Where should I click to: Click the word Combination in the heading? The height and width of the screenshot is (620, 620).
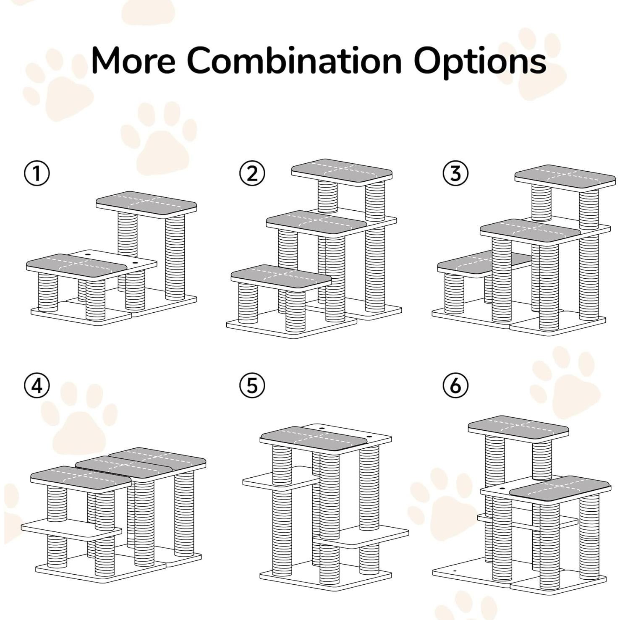294,60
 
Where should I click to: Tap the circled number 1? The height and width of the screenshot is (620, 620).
37,173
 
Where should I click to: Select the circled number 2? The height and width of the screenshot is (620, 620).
252,173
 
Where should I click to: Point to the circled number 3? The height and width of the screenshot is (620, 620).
455,173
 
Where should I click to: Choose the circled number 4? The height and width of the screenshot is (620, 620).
37,385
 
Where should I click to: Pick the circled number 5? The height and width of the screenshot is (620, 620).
252,385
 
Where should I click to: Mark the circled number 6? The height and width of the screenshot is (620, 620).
455,385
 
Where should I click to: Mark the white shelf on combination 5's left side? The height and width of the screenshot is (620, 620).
279,479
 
